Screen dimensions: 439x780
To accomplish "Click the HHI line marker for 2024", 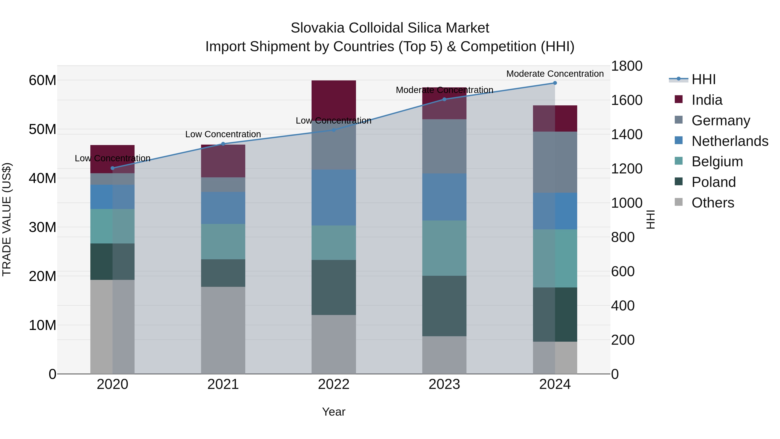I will tap(555, 83).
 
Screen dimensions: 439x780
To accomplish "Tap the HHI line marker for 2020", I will tap(113, 168).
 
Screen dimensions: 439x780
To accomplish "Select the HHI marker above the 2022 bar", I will tap(334, 130).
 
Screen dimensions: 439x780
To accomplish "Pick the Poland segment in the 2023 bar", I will tap(444, 306).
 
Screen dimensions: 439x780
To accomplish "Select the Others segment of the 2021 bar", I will tap(223, 330).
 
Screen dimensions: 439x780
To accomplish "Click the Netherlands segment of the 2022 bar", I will tap(334, 197).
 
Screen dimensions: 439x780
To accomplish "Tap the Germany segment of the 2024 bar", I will tap(555, 162).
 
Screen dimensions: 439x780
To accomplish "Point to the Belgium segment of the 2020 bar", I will tap(113, 226).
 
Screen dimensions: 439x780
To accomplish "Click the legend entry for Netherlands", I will tap(730, 141).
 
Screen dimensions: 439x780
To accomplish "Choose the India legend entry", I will tap(707, 100).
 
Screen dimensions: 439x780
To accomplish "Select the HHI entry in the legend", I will tap(703, 79).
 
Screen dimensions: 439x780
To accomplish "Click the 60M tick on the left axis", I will tap(42, 81).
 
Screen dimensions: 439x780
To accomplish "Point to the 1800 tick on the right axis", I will tap(626, 66).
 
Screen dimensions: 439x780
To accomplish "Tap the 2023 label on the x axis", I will tap(444, 384).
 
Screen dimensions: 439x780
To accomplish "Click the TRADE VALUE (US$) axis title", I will tap(7, 219).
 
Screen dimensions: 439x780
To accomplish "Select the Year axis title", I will tap(334, 412).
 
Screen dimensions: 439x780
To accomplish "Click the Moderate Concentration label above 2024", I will tap(555, 74).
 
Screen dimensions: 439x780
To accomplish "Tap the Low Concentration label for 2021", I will tap(223, 134).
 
